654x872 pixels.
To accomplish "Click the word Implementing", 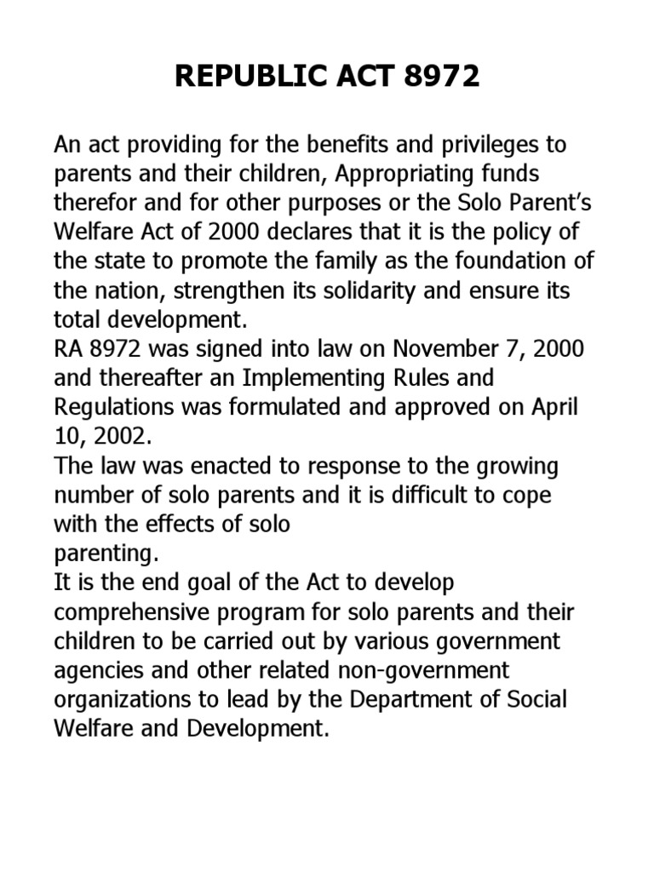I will [x=307, y=378].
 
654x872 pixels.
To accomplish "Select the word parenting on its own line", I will [x=105, y=554].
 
